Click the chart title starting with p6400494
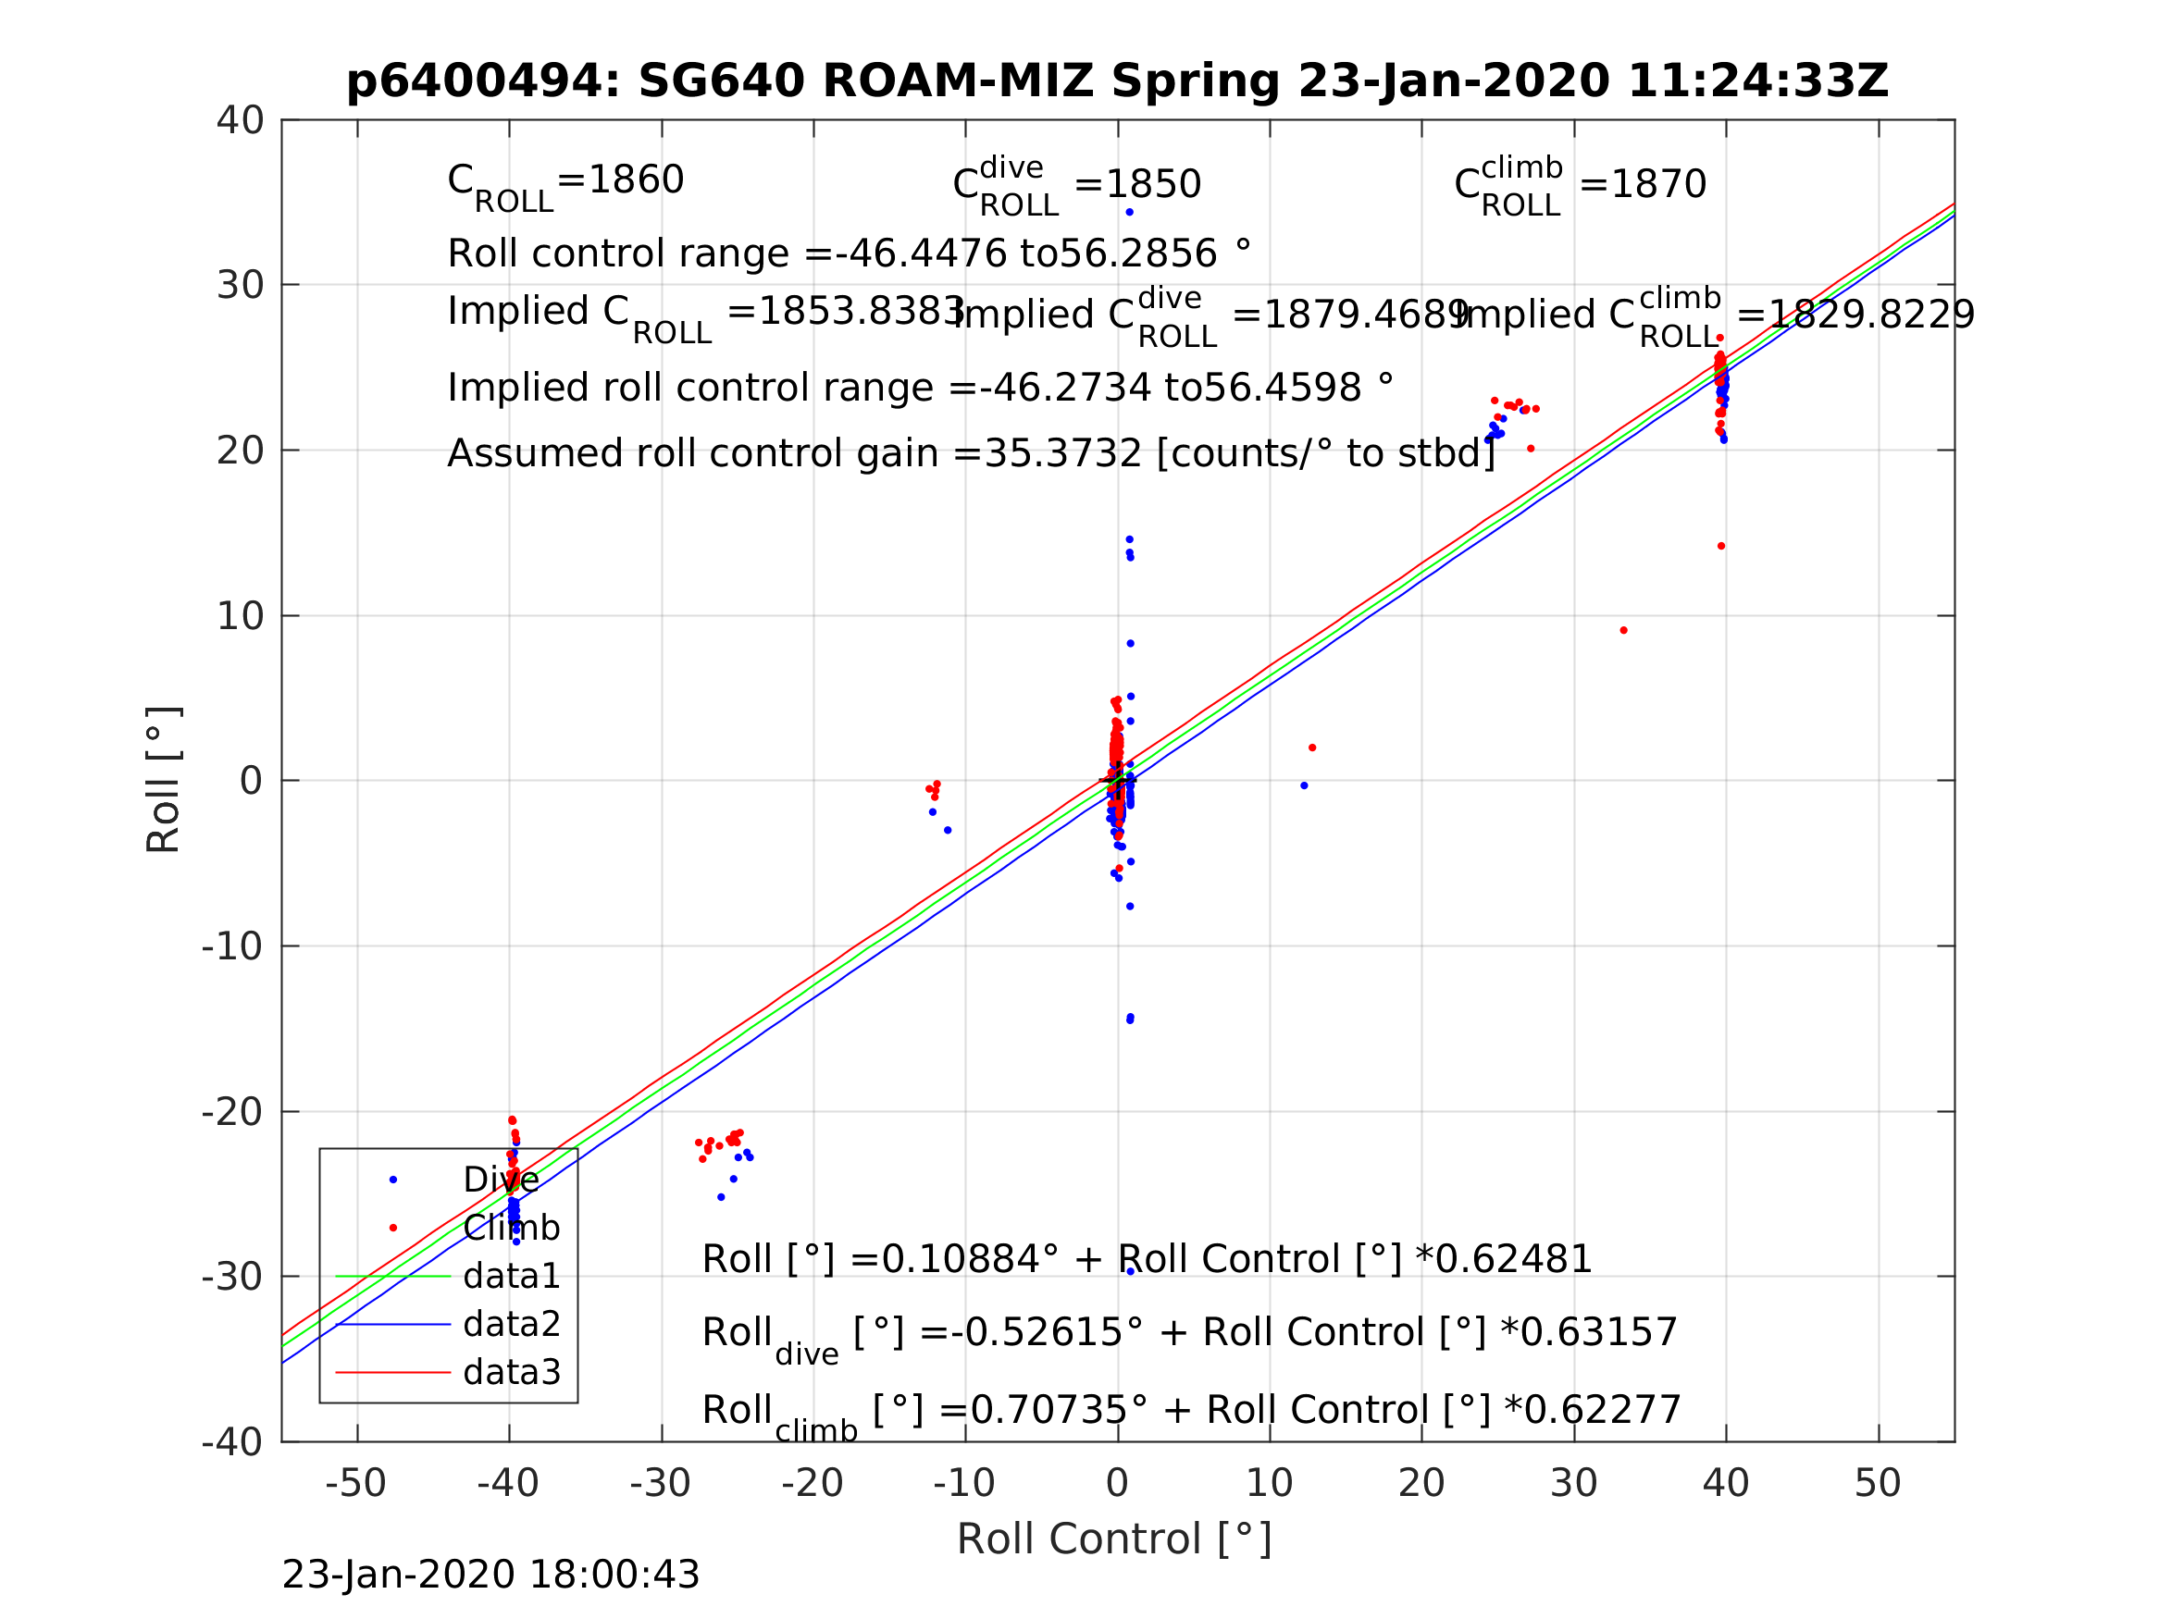click(x=1117, y=81)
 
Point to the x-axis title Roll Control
click(x=1113, y=1539)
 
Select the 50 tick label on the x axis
click(x=1877, y=1483)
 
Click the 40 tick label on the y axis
click(x=240, y=121)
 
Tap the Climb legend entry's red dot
click(x=393, y=1228)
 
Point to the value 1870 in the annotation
click(x=1657, y=184)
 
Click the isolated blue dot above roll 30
click(x=1129, y=213)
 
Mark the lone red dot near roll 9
click(x=1623, y=630)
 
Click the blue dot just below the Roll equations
click(x=1130, y=1271)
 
